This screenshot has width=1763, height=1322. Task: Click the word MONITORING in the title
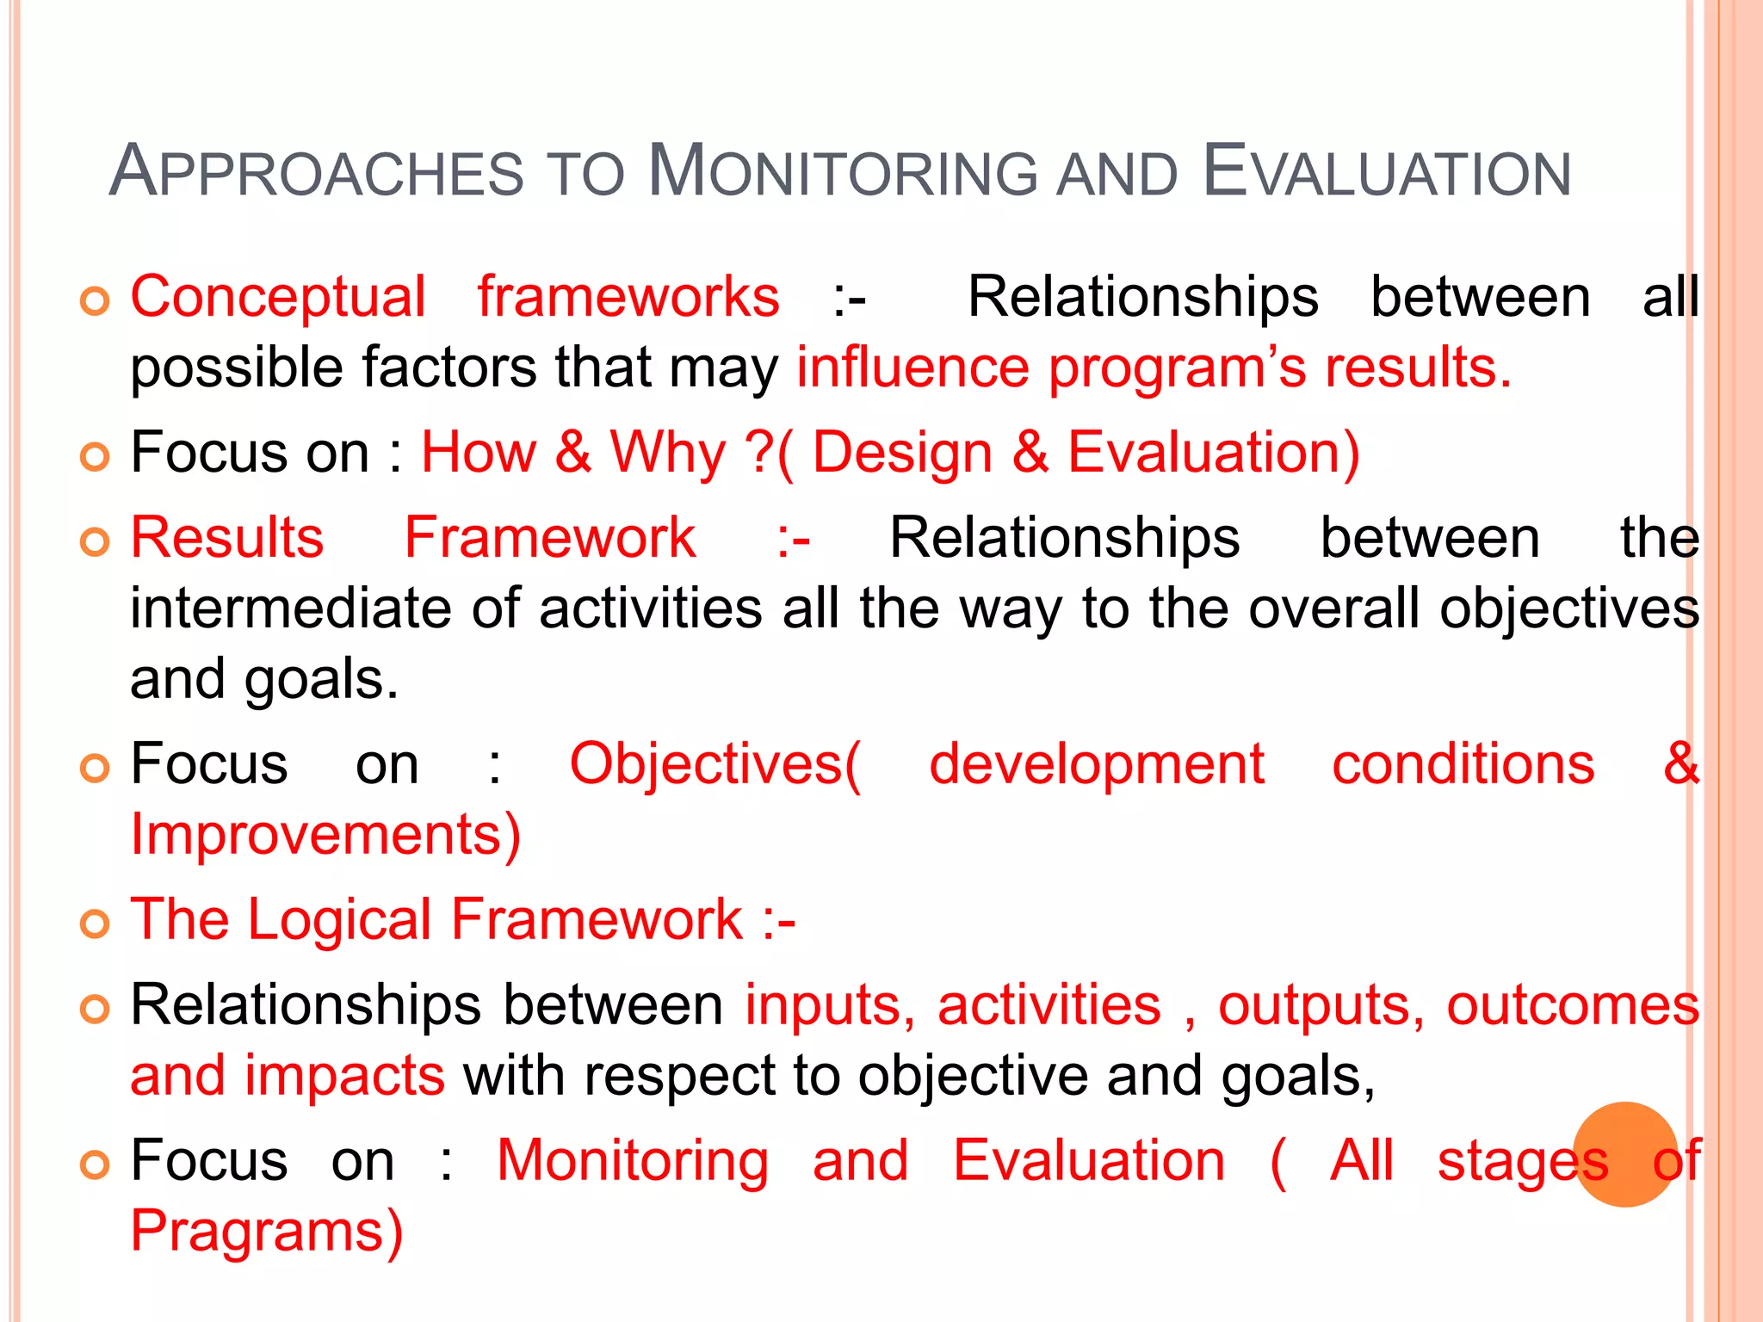tap(844, 172)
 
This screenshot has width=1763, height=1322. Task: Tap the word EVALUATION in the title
tap(1387, 172)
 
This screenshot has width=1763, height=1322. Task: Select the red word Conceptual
tap(278, 297)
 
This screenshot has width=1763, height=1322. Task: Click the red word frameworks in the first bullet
tap(628, 297)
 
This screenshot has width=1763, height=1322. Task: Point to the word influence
tap(912, 368)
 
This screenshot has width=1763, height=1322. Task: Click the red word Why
tap(668, 453)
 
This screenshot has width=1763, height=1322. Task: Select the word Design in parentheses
tap(902, 453)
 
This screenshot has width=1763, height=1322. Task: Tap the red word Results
tap(227, 538)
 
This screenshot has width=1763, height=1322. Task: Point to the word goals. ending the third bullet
tap(322, 680)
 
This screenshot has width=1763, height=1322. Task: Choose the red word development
tap(1096, 764)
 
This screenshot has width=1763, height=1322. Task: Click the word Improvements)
tap(325, 835)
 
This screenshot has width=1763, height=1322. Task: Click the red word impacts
tap(344, 1076)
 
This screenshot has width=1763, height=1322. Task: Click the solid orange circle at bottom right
tap(1625, 1154)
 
